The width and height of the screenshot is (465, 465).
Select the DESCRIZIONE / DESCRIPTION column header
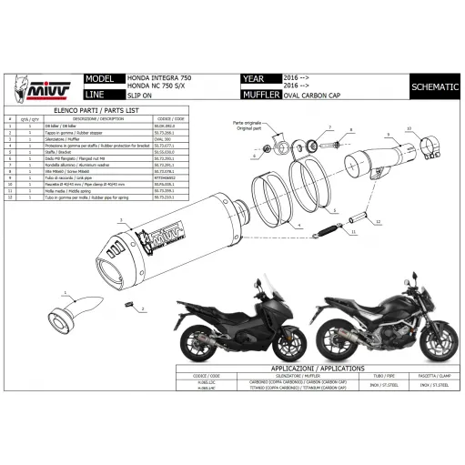(98, 118)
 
